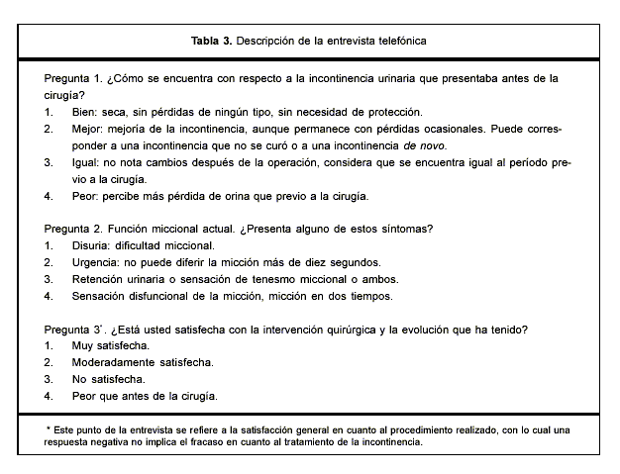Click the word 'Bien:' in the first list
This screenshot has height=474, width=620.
(x=86, y=112)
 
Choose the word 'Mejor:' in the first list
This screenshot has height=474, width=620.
(x=89, y=129)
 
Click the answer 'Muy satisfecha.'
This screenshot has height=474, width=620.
(x=111, y=346)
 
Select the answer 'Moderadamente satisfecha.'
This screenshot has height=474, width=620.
(x=143, y=363)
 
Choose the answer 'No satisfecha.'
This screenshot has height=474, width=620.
(x=108, y=380)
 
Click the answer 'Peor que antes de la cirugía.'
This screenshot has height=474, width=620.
(x=145, y=397)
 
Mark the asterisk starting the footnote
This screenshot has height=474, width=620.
(x=49, y=429)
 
